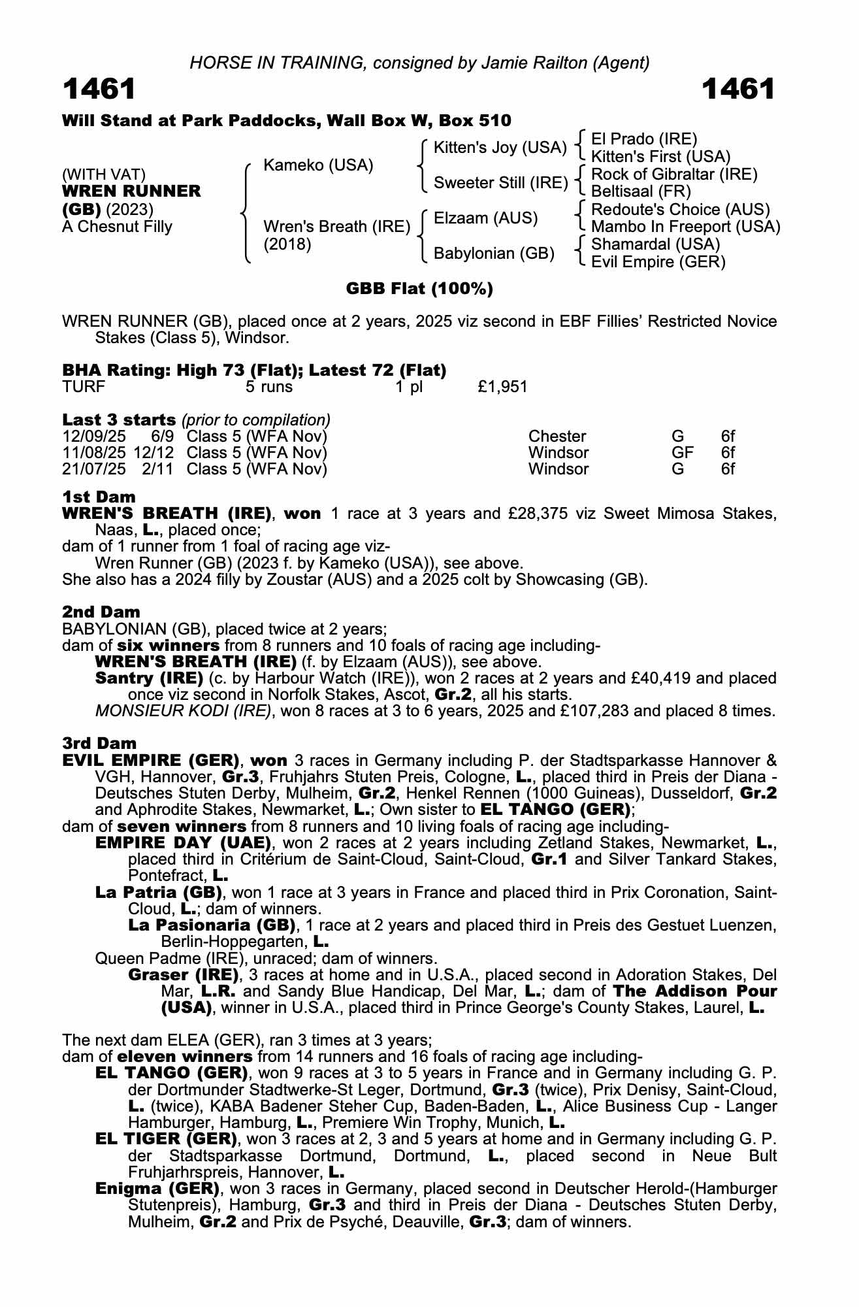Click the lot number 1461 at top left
(99, 90)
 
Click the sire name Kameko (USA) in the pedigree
(317, 165)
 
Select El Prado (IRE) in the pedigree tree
(643, 139)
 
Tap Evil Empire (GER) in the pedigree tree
(658, 262)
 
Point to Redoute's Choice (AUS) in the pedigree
(680, 210)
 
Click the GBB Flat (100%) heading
(419, 289)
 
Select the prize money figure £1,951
(502, 387)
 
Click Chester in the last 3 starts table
(557, 437)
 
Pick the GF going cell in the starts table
(682, 453)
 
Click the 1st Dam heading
(99, 497)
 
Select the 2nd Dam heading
(101, 612)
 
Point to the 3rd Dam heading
(99, 743)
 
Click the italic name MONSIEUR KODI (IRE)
(183, 711)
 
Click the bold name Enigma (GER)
(157, 1188)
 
